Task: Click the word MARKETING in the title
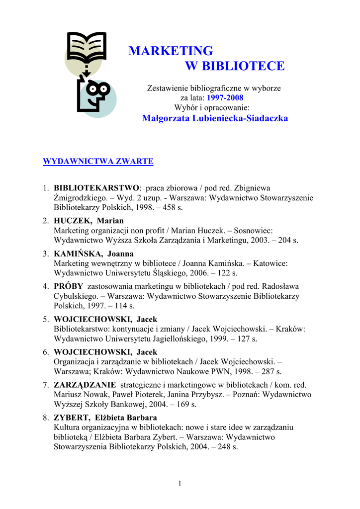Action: pos(171,51)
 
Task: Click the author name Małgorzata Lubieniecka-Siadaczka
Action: pos(215,118)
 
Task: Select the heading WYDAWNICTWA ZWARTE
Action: pos(98,161)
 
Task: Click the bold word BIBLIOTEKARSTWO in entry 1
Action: pos(96,188)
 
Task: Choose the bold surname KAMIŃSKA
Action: pos(78,254)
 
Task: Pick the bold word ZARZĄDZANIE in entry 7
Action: pos(85,385)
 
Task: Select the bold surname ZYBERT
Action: pos(73,418)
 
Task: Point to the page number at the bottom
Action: pos(180,484)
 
